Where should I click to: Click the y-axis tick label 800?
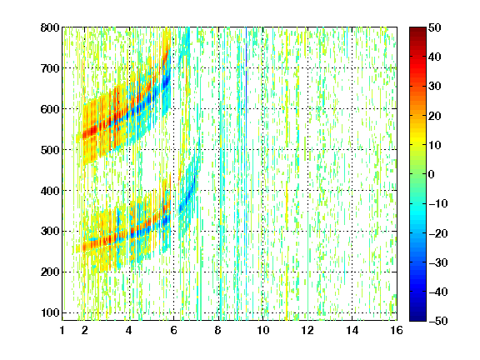[x=50, y=27]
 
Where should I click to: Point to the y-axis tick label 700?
[x=50, y=68]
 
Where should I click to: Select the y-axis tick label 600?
[x=50, y=109]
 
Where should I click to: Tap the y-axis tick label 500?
[x=50, y=150]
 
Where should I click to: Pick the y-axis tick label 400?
[x=50, y=191]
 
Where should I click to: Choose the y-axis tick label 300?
[x=50, y=232]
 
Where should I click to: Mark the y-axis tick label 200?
[x=50, y=272]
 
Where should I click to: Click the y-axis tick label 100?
[x=50, y=312]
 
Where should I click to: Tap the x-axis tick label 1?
[x=62, y=330]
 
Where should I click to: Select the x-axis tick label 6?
[x=174, y=330]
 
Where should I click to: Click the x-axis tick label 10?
[x=263, y=330]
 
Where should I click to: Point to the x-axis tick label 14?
[x=352, y=330]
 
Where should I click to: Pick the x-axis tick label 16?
[x=397, y=330]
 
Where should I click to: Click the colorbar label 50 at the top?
[x=435, y=27]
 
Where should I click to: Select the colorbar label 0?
[x=432, y=174]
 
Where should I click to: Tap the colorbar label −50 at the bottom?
[x=437, y=321]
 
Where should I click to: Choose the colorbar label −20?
[x=437, y=233]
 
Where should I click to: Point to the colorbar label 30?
[x=435, y=87]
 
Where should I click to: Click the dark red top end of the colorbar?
[x=417, y=29]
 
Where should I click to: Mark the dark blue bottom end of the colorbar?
[x=417, y=318]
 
